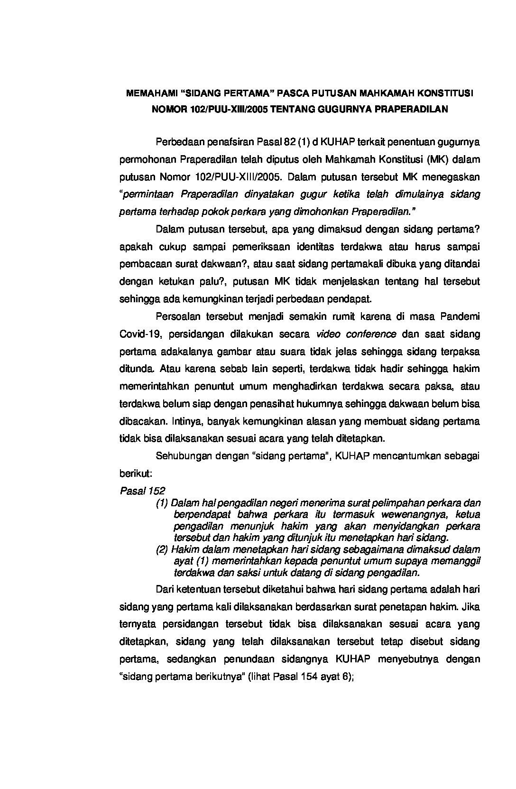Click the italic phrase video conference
click(x=356, y=334)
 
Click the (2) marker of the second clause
click(x=163, y=549)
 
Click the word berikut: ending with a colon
click(x=135, y=473)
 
